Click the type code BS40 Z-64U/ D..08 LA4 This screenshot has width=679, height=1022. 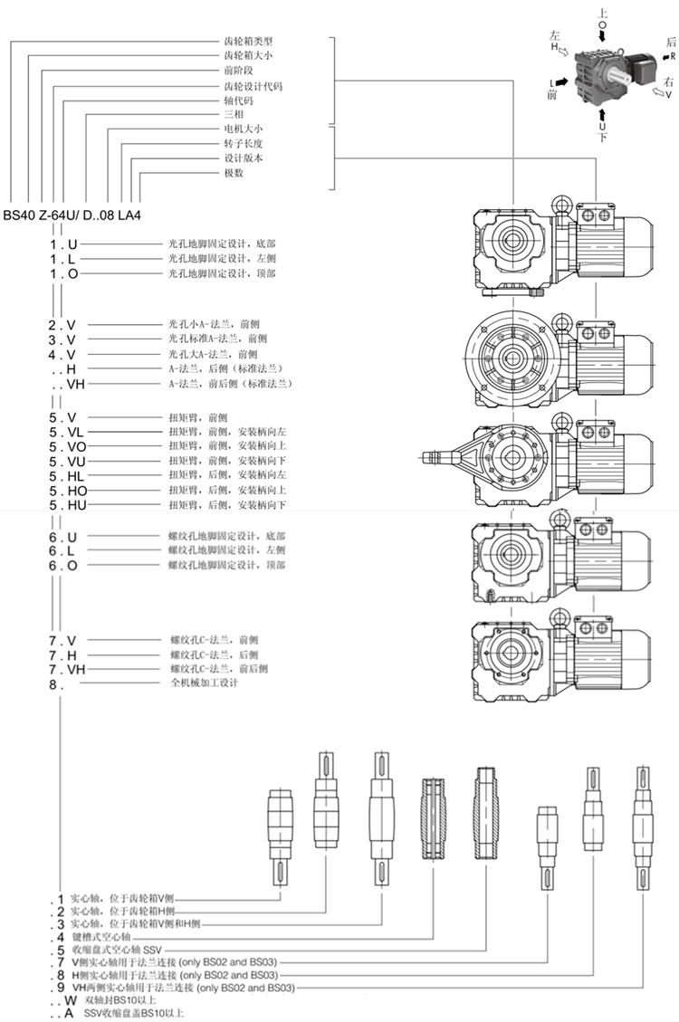click(x=72, y=215)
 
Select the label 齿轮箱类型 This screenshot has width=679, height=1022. click(x=248, y=41)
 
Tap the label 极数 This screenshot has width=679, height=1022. click(x=234, y=173)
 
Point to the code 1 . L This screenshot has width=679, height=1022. click(x=62, y=260)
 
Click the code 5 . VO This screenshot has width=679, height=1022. click(x=67, y=447)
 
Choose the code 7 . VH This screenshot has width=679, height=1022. click(x=66, y=670)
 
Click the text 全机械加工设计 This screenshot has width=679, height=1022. click(x=205, y=683)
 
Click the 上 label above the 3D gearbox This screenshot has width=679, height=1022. click(x=602, y=13)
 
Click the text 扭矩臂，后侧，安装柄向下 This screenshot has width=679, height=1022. click(x=227, y=505)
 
